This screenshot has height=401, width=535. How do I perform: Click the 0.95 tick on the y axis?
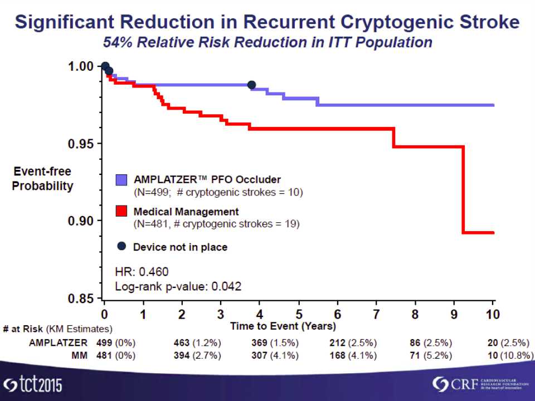(x=101, y=144)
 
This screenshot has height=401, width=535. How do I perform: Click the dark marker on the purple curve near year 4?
(x=251, y=85)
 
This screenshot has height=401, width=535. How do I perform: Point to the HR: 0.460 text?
(x=142, y=272)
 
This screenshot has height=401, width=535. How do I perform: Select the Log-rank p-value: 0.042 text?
(x=178, y=287)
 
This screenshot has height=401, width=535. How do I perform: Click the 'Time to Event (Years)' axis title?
(x=283, y=326)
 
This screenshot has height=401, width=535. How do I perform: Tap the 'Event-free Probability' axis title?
(x=42, y=179)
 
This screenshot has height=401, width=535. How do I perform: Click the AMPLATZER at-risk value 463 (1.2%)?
(x=197, y=342)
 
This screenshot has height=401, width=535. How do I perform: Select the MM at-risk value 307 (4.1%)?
(x=275, y=355)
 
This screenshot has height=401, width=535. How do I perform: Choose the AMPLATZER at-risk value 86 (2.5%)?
(x=431, y=342)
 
